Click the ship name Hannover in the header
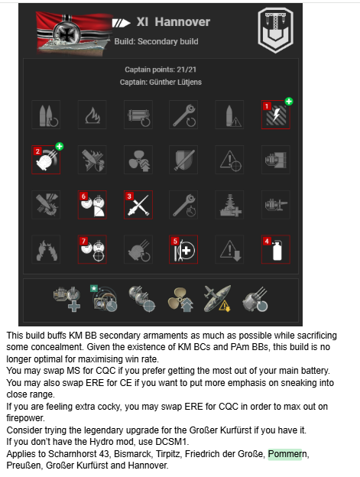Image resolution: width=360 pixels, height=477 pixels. point(182,22)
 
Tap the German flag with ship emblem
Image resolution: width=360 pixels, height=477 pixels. point(74,33)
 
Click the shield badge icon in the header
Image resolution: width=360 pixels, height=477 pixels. point(275,30)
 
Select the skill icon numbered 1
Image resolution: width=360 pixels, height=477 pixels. point(276,115)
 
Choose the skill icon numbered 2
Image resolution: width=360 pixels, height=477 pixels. point(46,160)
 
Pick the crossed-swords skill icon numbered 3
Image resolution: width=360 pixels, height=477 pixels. point(138,205)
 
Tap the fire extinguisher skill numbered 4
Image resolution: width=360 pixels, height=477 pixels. point(276,249)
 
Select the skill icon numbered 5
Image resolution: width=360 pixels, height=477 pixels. point(183,249)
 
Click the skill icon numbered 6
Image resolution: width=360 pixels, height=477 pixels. point(92,205)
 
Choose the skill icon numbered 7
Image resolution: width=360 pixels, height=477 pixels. point(92,249)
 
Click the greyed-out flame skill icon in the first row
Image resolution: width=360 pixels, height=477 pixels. point(92,115)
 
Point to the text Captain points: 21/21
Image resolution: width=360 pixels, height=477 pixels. point(161,70)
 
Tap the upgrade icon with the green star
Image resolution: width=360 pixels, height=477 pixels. point(104,298)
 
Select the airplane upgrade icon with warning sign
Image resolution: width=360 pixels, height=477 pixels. point(217,298)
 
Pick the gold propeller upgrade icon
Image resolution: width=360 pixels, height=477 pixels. point(180,299)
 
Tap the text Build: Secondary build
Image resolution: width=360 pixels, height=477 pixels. point(156,41)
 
